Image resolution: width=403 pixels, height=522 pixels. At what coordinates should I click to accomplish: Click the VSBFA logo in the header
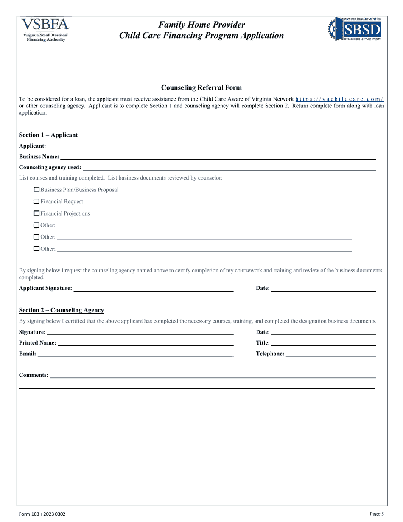click(45, 29)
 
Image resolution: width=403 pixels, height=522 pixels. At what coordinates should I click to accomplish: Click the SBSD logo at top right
click(355, 29)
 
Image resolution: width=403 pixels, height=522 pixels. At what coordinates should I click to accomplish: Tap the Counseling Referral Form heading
click(201, 88)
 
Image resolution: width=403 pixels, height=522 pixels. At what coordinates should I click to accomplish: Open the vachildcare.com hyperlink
click(339, 99)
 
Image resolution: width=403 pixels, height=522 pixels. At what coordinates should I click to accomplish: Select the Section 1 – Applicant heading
click(48, 135)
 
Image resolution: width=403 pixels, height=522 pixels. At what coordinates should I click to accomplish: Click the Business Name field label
click(39, 157)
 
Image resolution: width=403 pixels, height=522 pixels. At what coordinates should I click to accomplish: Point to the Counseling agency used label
click(50, 167)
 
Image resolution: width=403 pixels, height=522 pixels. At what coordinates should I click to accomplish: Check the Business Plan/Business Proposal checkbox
click(36, 190)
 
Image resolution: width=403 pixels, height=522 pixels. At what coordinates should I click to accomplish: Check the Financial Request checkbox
click(36, 202)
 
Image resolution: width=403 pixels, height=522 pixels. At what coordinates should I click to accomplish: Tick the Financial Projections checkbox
click(36, 213)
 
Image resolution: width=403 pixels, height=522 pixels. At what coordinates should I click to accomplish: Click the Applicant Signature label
click(45, 288)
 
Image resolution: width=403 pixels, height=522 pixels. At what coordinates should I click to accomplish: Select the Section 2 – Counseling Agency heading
click(61, 310)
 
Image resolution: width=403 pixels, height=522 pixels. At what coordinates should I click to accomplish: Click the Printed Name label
click(37, 343)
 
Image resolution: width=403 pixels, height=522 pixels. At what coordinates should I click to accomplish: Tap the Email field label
click(27, 354)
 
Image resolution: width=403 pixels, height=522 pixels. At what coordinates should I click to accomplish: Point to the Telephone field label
click(270, 354)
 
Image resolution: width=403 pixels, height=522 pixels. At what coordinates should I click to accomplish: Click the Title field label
click(263, 343)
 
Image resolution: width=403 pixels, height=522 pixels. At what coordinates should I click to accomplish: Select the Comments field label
click(34, 375)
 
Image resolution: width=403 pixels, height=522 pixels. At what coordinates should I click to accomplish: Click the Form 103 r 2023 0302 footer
click(42, 514)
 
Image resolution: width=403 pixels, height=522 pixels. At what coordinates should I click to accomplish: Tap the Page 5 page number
click(377, 514)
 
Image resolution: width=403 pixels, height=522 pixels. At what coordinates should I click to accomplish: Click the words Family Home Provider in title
click(201, 25)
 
